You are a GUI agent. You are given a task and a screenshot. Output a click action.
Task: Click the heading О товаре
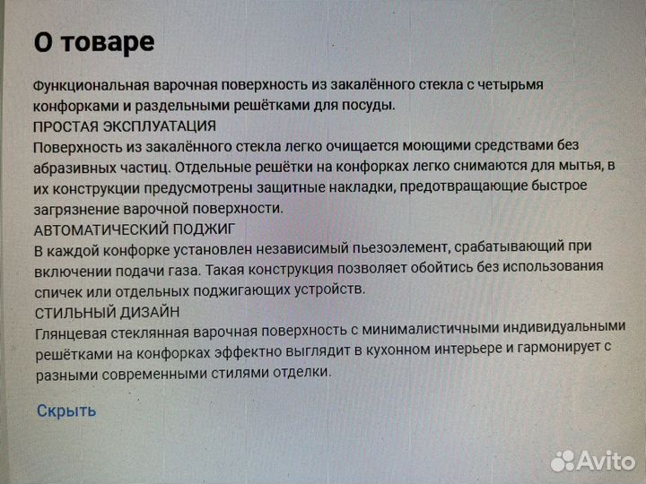click(93, 41)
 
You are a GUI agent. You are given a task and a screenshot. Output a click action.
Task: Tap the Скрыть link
click(65, 411)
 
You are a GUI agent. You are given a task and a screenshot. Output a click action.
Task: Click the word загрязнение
click(74, 208)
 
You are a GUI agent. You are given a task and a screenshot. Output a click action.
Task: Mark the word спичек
click(57, 290)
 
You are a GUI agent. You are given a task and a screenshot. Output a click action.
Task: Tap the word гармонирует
click(539, 350)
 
